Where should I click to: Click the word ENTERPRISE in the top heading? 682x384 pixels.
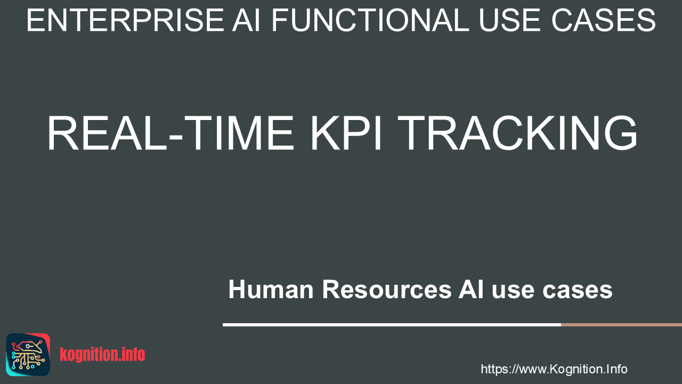pos(125,20)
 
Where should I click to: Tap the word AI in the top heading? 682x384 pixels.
pos(246,20)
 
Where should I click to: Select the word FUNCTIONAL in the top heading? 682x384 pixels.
pos(370,20)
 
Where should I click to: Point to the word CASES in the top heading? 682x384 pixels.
pos(604,20)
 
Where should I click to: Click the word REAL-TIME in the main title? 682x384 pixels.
pos(170,133)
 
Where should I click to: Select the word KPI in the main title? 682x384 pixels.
pos(346,133)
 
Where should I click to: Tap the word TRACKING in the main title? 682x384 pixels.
pos(517,133)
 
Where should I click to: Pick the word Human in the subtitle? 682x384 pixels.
pos(271,289)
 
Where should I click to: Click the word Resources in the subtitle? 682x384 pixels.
pos(387,289)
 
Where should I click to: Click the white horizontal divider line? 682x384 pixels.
pos(392,325)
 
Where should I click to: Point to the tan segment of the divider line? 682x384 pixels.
pos(621,325)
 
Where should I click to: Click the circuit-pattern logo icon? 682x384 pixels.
pos(28,355)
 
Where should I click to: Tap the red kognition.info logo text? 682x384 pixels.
pos(102,355)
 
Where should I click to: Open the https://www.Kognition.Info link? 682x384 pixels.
pos(554,369)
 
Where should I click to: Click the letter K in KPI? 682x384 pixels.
pos(324,133)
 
